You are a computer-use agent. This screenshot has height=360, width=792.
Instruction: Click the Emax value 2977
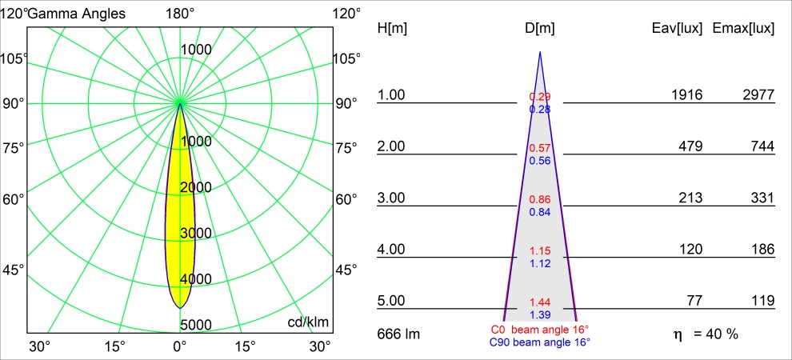[x=758, y=95]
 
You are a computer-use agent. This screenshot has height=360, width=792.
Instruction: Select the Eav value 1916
[x=686, y=95]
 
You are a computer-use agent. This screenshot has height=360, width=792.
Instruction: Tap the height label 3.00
[x=392, y=198]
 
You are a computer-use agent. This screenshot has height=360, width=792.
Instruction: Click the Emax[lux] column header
[x=744, y=29]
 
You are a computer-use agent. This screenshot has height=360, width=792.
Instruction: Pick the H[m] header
[x=392, y=29]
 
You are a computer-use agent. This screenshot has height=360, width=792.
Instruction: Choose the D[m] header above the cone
[x=540, y=29]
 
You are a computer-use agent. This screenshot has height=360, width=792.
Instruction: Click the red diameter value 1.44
[x=540, y=302]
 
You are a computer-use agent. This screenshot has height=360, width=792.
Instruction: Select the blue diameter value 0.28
[x=540, y=109]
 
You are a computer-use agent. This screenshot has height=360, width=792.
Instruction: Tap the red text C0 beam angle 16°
[x=540, y=330]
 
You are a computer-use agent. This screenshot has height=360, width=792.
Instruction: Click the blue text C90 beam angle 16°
[x=540, y=342]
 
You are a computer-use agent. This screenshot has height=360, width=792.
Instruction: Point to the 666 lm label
[x=398, y=333]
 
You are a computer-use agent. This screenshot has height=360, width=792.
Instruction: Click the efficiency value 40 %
[x=721, y=333]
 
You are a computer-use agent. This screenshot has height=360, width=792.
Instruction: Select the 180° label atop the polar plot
[x=180, y=14]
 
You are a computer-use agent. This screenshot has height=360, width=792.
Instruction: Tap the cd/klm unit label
[x=308, y=322]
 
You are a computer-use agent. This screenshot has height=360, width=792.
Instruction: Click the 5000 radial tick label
[x=195, y=325]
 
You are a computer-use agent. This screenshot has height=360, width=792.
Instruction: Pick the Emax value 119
[x=763, y=301]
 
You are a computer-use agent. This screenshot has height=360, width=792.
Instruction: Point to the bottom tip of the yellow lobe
[x=180, y=307]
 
